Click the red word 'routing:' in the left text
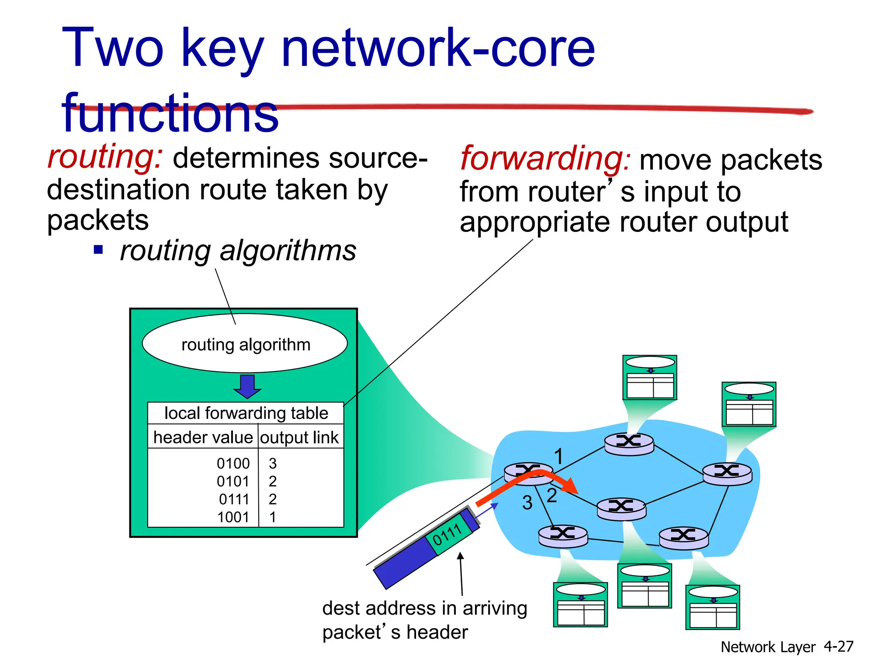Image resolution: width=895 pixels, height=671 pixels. pos(105,157)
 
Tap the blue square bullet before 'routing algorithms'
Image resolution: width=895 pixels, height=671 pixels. pos(99,250)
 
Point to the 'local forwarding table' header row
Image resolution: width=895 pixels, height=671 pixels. pos(246,413)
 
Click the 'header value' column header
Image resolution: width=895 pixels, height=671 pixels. pos(203,437)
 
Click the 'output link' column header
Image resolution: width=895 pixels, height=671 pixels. pos(299,437)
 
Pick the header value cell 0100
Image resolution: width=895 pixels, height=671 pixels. pos(233,463)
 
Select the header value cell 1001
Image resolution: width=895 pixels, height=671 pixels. pos(233,517)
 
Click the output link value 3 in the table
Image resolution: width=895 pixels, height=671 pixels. pos(273,463)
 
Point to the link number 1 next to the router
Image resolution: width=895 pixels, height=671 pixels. pos(559,457)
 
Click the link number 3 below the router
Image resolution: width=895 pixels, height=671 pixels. pos(527,503)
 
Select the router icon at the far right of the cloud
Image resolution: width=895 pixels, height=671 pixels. pos(727,473)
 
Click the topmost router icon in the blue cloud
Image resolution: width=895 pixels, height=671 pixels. pos(629,443)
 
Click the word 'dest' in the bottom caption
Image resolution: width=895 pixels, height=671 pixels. pos(341,609)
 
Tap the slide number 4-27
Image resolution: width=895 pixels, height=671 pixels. pos(838,647)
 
